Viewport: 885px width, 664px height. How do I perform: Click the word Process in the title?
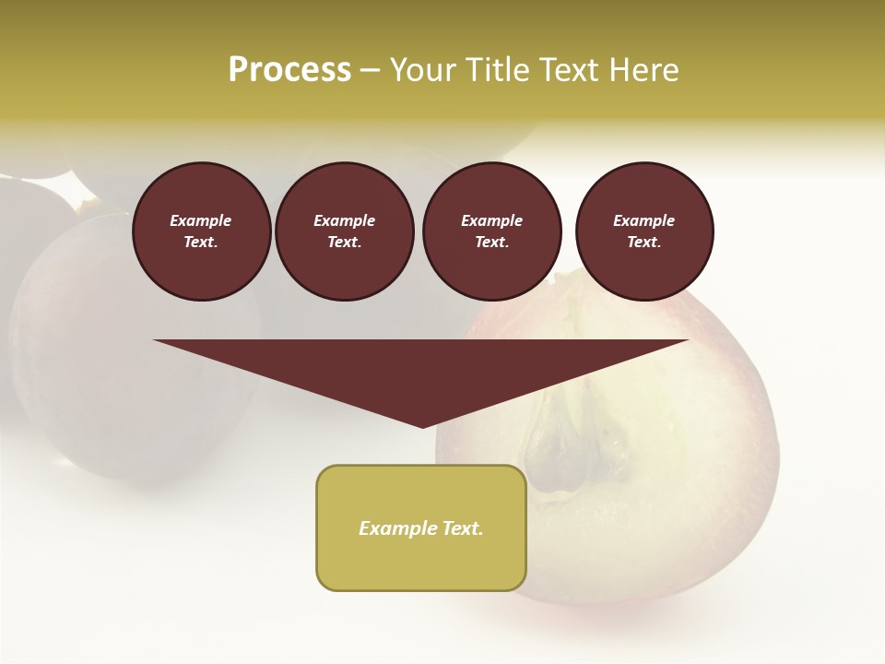289,70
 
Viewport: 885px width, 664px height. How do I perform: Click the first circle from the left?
201,231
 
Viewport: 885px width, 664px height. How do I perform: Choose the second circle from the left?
345,231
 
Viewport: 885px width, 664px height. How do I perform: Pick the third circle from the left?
492,231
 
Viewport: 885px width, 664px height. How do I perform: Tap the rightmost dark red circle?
644,231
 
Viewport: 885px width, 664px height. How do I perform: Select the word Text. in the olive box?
460,528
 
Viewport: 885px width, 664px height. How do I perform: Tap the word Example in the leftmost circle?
201,221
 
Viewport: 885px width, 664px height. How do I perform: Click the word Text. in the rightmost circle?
644,243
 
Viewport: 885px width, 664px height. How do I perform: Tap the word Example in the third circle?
492,221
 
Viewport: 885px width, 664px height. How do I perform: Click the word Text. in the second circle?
345,243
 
